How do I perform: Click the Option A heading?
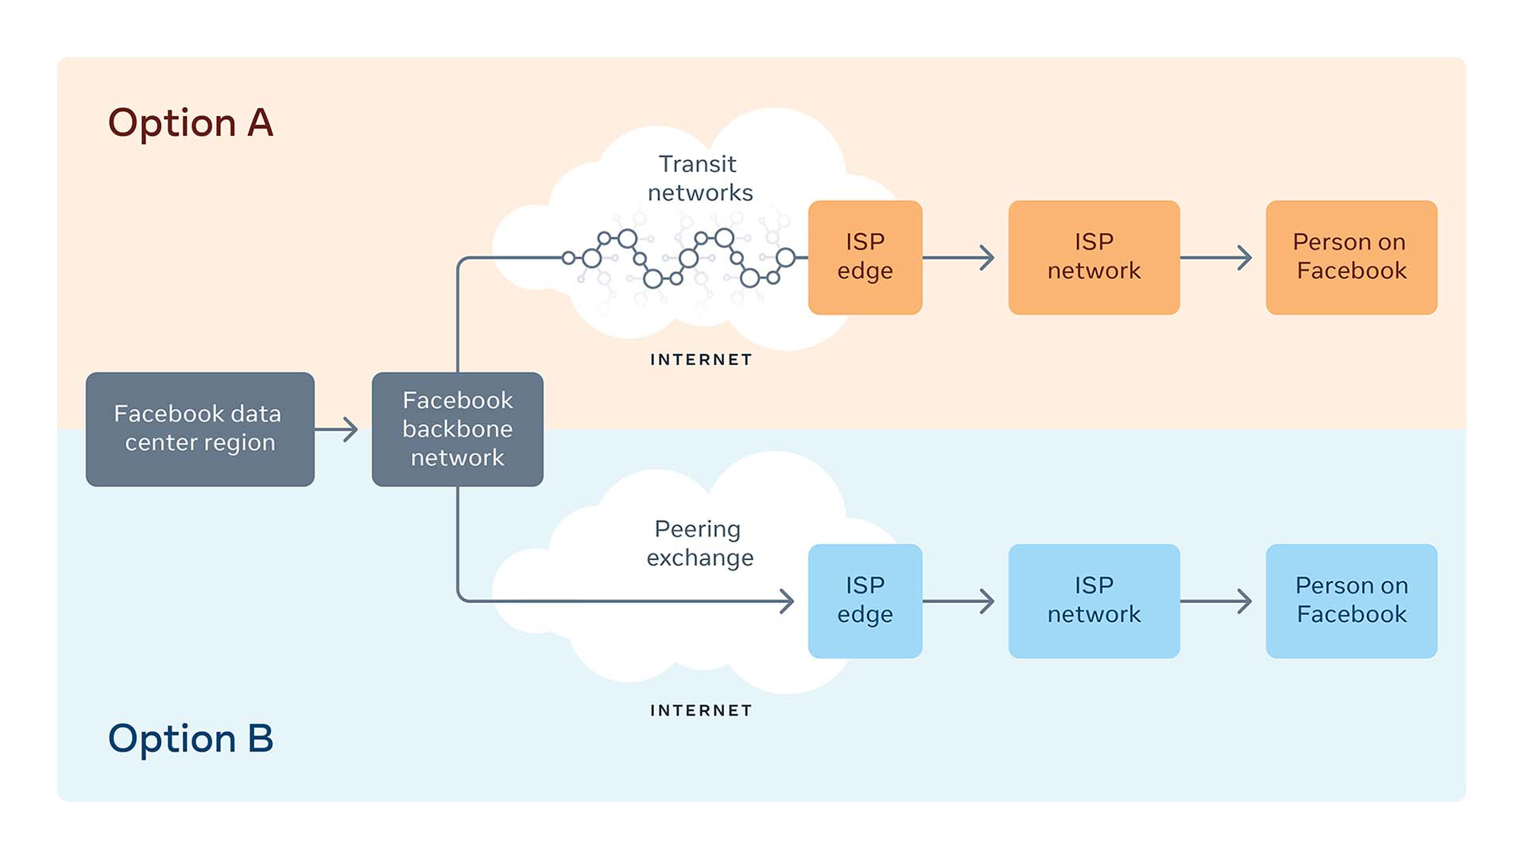[191, 123]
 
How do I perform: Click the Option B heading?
[191, 739]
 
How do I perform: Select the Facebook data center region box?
[199, 429]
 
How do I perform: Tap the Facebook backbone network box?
[457, 429]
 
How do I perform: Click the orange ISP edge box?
[865, 257]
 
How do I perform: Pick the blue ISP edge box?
[865, 601]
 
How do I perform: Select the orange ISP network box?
[1094, 257]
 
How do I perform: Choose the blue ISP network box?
[1094, 601]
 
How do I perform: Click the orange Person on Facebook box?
[1351, 257]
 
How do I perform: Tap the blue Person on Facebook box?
[1351, 601]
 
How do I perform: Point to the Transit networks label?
[699, 178]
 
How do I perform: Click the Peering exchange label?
[699, 543]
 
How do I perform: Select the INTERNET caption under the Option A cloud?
[701, 360]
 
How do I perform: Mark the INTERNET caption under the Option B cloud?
[701, 710]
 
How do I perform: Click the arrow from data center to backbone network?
[337, 429]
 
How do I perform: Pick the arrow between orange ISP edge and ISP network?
[960, 258]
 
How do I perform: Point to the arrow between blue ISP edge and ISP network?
[960, 601]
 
